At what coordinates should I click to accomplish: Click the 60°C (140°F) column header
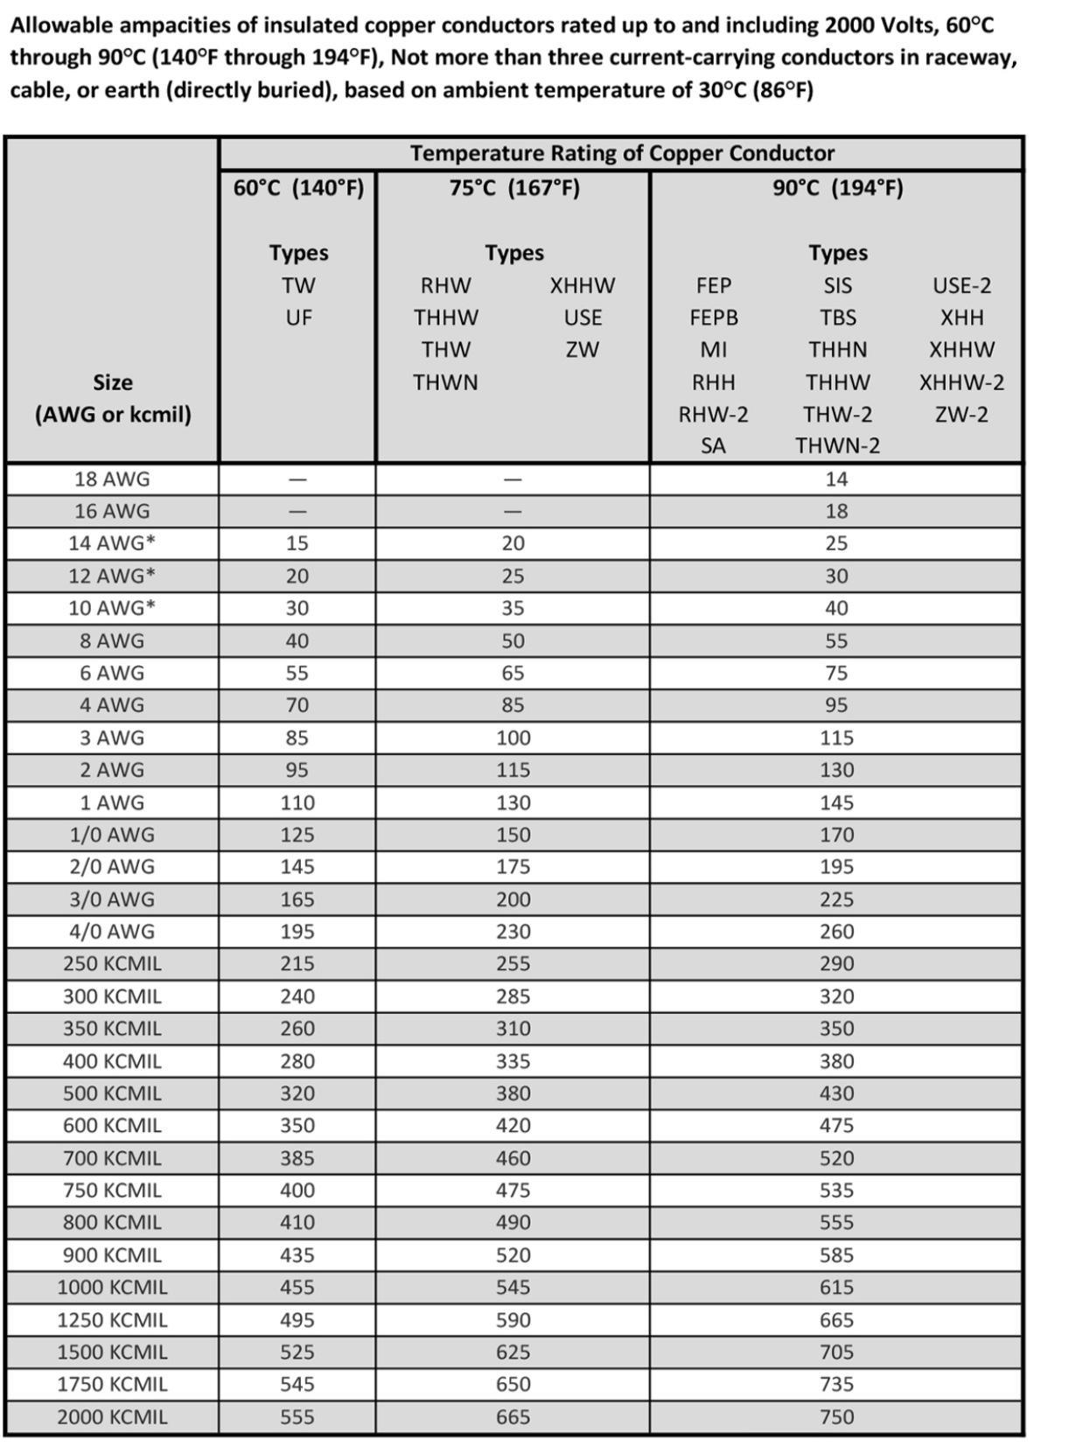(x=298, y=188)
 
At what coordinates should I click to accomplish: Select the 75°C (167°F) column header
(x=514, y=188)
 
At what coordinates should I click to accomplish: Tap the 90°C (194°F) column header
(x=837, y=188)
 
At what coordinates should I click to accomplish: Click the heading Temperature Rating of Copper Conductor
(x=622, y=153)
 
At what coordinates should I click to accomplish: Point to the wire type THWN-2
(x=837, y=446)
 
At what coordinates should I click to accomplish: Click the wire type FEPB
(x=713, y=318)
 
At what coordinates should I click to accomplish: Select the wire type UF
(x=298, y=318)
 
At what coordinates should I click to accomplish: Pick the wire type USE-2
(x=961, y=286)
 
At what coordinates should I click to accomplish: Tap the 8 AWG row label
(x=112, y=640)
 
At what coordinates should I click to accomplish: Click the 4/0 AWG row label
(x=112, y=932)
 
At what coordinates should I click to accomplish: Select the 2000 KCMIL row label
(x=112, y=1416)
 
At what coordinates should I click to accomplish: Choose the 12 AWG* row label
(x=112, y=576)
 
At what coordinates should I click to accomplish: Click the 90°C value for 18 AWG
(x=836, y=479)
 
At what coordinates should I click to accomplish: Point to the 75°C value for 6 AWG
(x=513, y=673)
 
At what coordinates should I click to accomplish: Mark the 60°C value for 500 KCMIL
(x=297, y=1094)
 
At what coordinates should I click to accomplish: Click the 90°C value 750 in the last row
(x=836, y=1416)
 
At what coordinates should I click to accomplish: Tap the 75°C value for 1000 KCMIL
(x=513, y=1287)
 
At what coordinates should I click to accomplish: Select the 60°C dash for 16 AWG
(x=297, y=512)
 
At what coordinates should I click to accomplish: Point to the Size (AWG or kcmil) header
(x=113, y=398)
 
